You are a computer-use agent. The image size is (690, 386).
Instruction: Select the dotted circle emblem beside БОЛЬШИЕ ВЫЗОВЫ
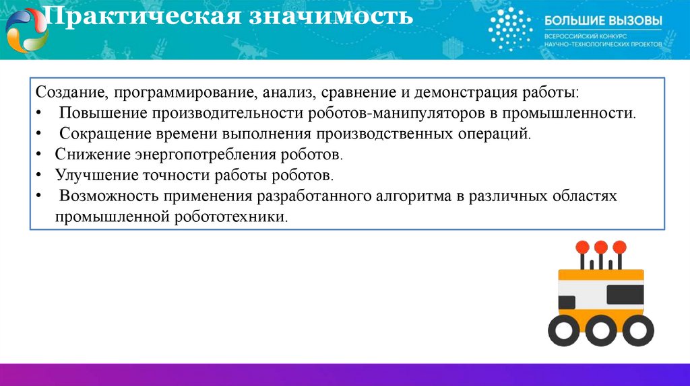click(509, 30)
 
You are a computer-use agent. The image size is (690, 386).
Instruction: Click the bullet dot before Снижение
click(40, 154)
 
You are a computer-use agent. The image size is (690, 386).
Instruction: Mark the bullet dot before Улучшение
click(40, 175)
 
